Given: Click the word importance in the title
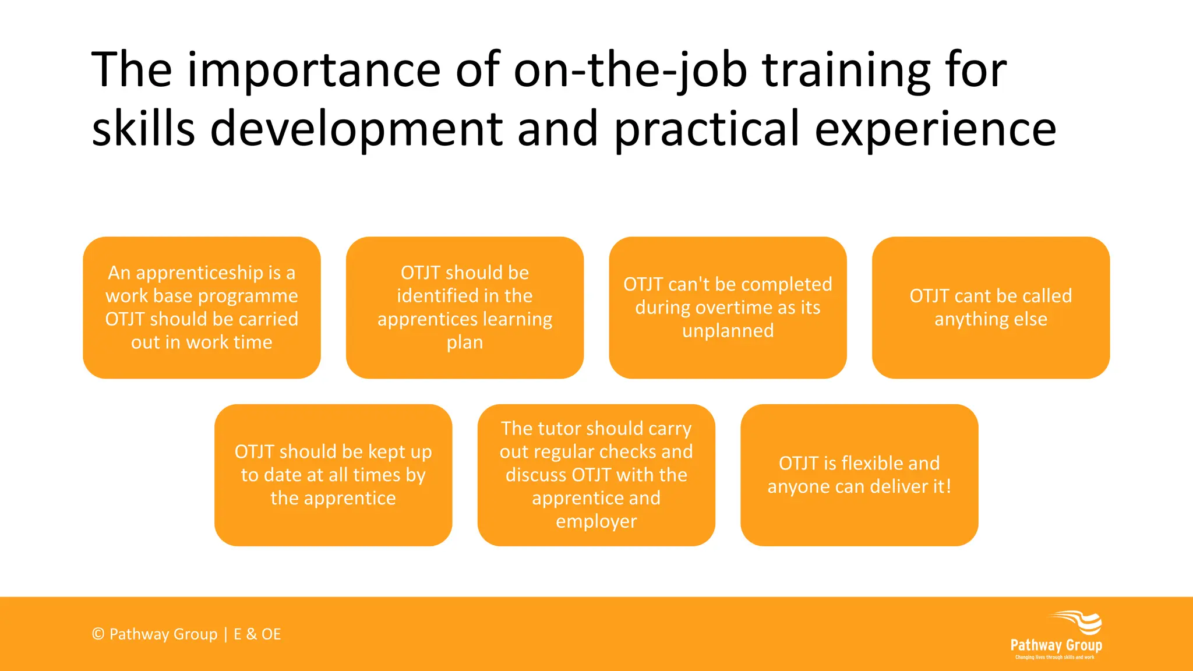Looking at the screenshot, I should tap(313, 70).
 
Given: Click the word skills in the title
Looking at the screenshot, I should tap(143, 129).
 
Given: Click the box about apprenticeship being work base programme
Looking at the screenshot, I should tap(202, 308).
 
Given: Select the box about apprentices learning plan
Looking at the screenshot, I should tap(465, 308).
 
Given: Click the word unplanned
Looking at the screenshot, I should tap(728, 331).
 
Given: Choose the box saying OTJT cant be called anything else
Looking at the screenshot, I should tap(990, 308).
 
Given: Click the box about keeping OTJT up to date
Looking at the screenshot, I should tap(333, 475).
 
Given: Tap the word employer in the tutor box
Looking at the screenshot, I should tap(596, 521).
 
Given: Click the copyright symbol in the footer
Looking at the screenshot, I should tap(98, 634).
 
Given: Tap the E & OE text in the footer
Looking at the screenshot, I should tap(257, 634).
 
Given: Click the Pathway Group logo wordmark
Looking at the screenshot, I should tap(1056, 645).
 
